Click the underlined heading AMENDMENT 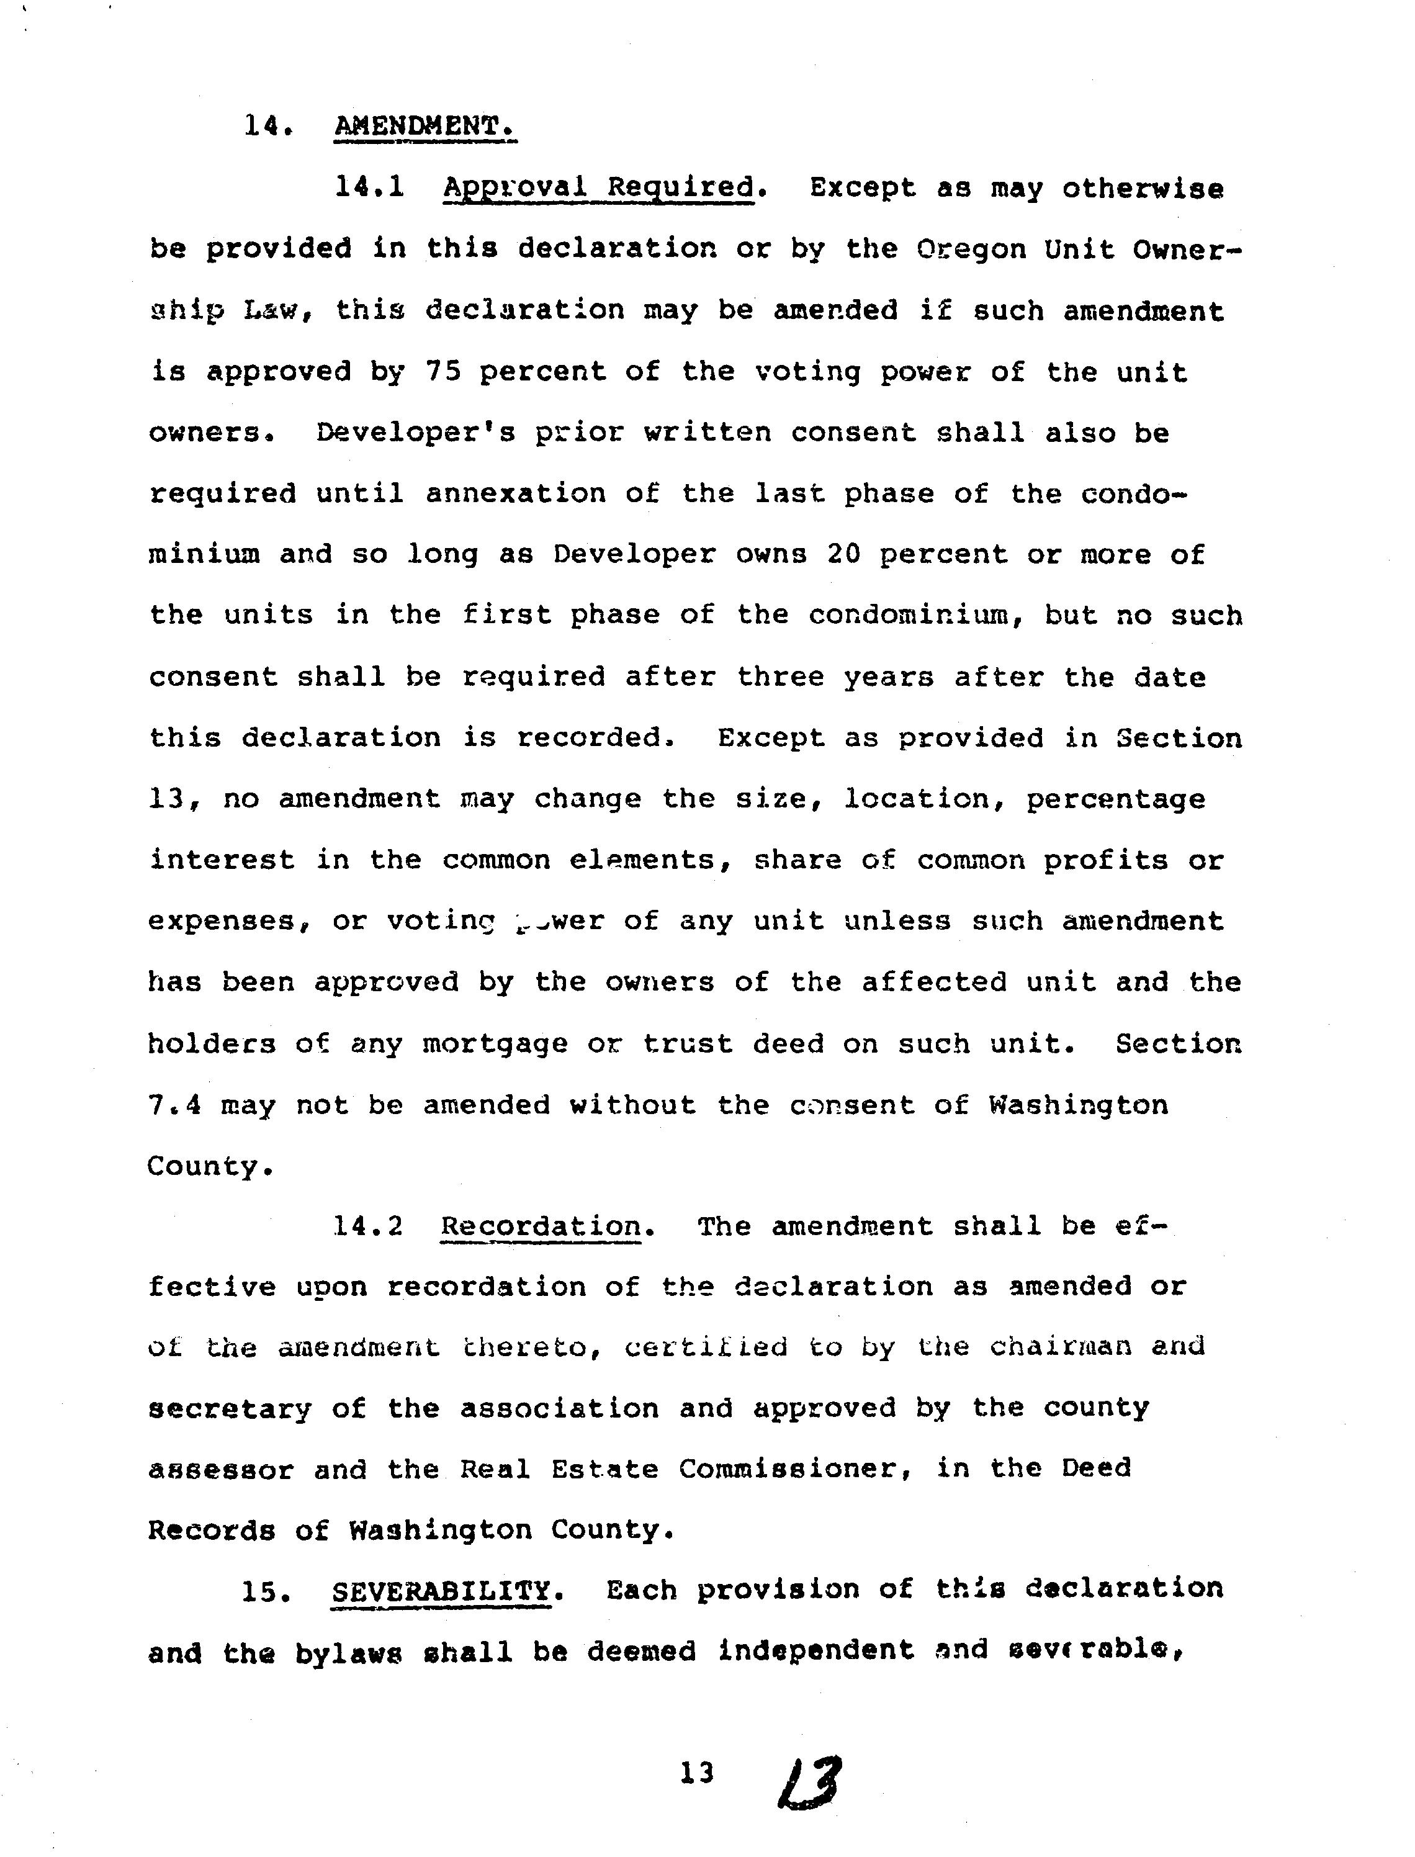tap(424, 127)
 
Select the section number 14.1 tap(370, 187)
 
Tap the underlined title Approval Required tap(598, 187)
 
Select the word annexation tap(516, 493)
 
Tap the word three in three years tap(781, 677)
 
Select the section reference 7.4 tap(174, 1105)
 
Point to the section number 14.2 tap(368, 1226)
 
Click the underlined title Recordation tap(540, 1226)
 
